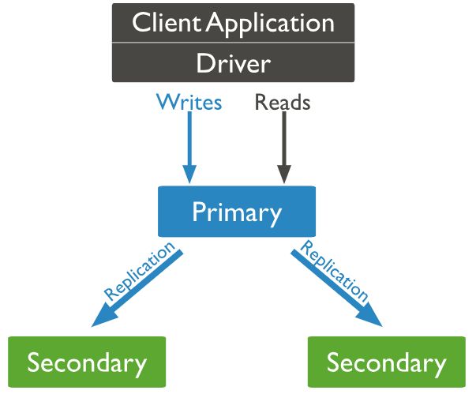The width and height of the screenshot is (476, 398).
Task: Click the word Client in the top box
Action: pyautogui.click(x=167, y=22)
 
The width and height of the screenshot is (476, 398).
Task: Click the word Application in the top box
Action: pyautogui.click(x=270, y=24)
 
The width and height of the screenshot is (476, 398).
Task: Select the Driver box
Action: pyautogui.click(x=233, y=63)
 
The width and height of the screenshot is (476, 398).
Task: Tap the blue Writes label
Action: pyautogui.click(x=189, y=103)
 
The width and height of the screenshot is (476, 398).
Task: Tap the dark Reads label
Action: pyautogui.click(x=283, y=103)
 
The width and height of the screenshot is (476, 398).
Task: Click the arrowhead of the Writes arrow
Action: pyautogui.click(x=189, y=175)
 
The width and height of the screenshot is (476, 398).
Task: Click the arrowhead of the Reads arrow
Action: pyautogui.click(x=284, y=175)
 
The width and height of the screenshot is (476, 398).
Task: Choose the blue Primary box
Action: pyautogui.click(x=237, y=212)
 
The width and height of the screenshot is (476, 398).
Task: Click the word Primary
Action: pyautogui.click(x=237, y=212)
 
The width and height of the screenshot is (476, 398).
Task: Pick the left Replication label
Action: pyautogui.click(x=140, y=272)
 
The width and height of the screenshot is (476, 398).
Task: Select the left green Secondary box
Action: pyautogui.click(x=87, y=362)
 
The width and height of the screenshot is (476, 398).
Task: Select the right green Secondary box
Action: pyautogui.click(x=386, y=362)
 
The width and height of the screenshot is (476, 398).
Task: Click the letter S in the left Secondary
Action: pyautogui.click(x=34, y=362)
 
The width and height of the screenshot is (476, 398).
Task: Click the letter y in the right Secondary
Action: pyautogui.click(x=439, y=365)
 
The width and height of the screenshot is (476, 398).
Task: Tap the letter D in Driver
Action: pyautogui.click(x=204, y=63)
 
